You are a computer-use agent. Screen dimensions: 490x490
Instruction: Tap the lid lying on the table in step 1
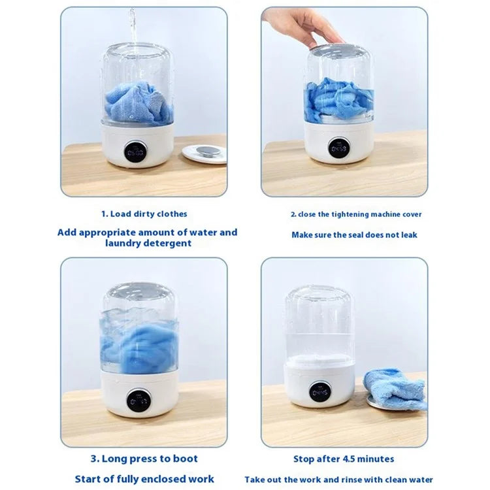tap(204, 154)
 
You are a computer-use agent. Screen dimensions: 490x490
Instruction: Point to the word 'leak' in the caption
tap(408, 235)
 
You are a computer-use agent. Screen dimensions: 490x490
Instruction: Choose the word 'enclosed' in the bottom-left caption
tap(155, 480)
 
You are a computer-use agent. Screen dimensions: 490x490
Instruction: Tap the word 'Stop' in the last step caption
tap(304, 459)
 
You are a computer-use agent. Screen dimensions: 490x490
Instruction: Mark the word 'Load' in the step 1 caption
tap(122, 214)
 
